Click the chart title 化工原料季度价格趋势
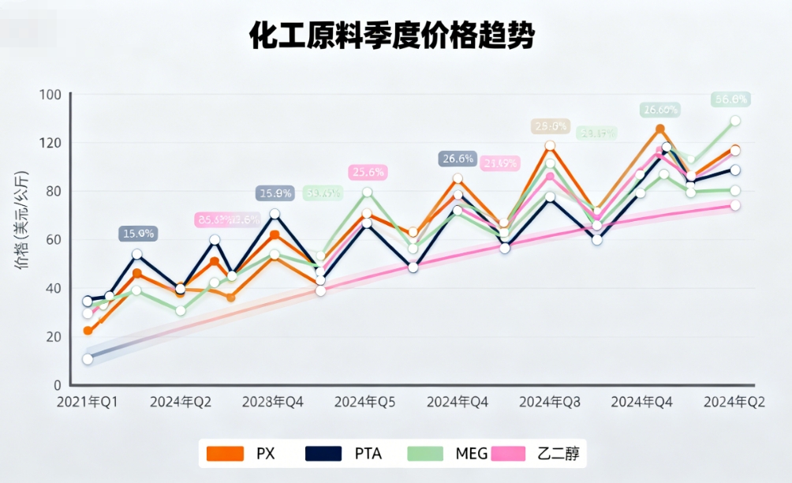click(391, 36)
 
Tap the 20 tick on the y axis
click(53, 337)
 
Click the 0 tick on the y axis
click(56, 385)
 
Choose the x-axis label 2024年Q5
click(364, 402)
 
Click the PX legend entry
click(241, 453)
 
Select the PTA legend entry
click(343, 453)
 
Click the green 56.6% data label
click(730, 99)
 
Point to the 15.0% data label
click(138, 234)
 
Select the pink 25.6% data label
click(368, 172)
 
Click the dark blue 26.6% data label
click(458, 159)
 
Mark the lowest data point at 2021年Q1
click(88, 359)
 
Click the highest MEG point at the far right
click(735, 121)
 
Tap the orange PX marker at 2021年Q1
click(88, 331)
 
